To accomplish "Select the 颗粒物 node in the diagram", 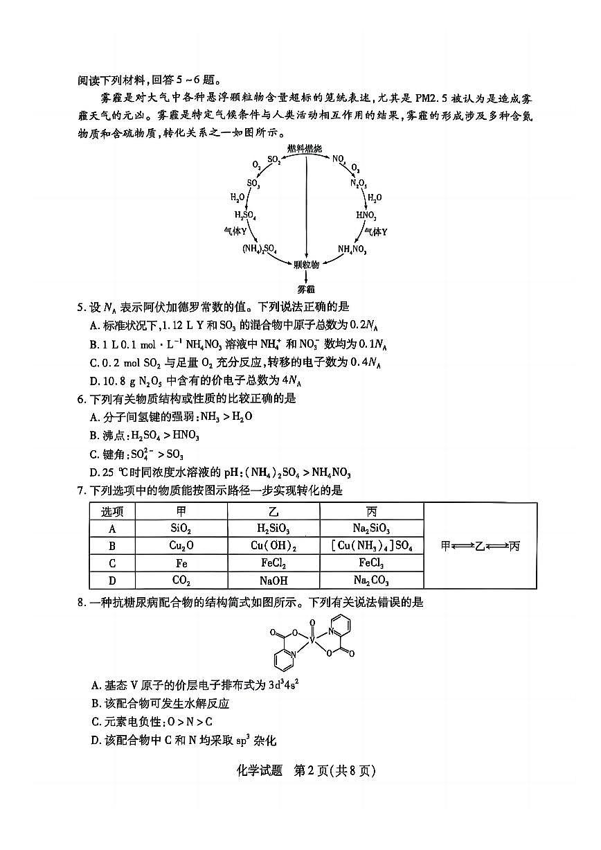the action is pos(306,264).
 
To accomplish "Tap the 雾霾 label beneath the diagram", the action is pos(306,287).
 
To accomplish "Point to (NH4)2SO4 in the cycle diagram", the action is pos(260,249).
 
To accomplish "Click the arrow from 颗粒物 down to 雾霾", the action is pos(306,276).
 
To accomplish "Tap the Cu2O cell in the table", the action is pos(181,546).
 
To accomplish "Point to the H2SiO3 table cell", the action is pos(273,529).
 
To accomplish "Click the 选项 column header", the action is pos(111,511).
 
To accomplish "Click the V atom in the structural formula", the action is pos(312,641).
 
